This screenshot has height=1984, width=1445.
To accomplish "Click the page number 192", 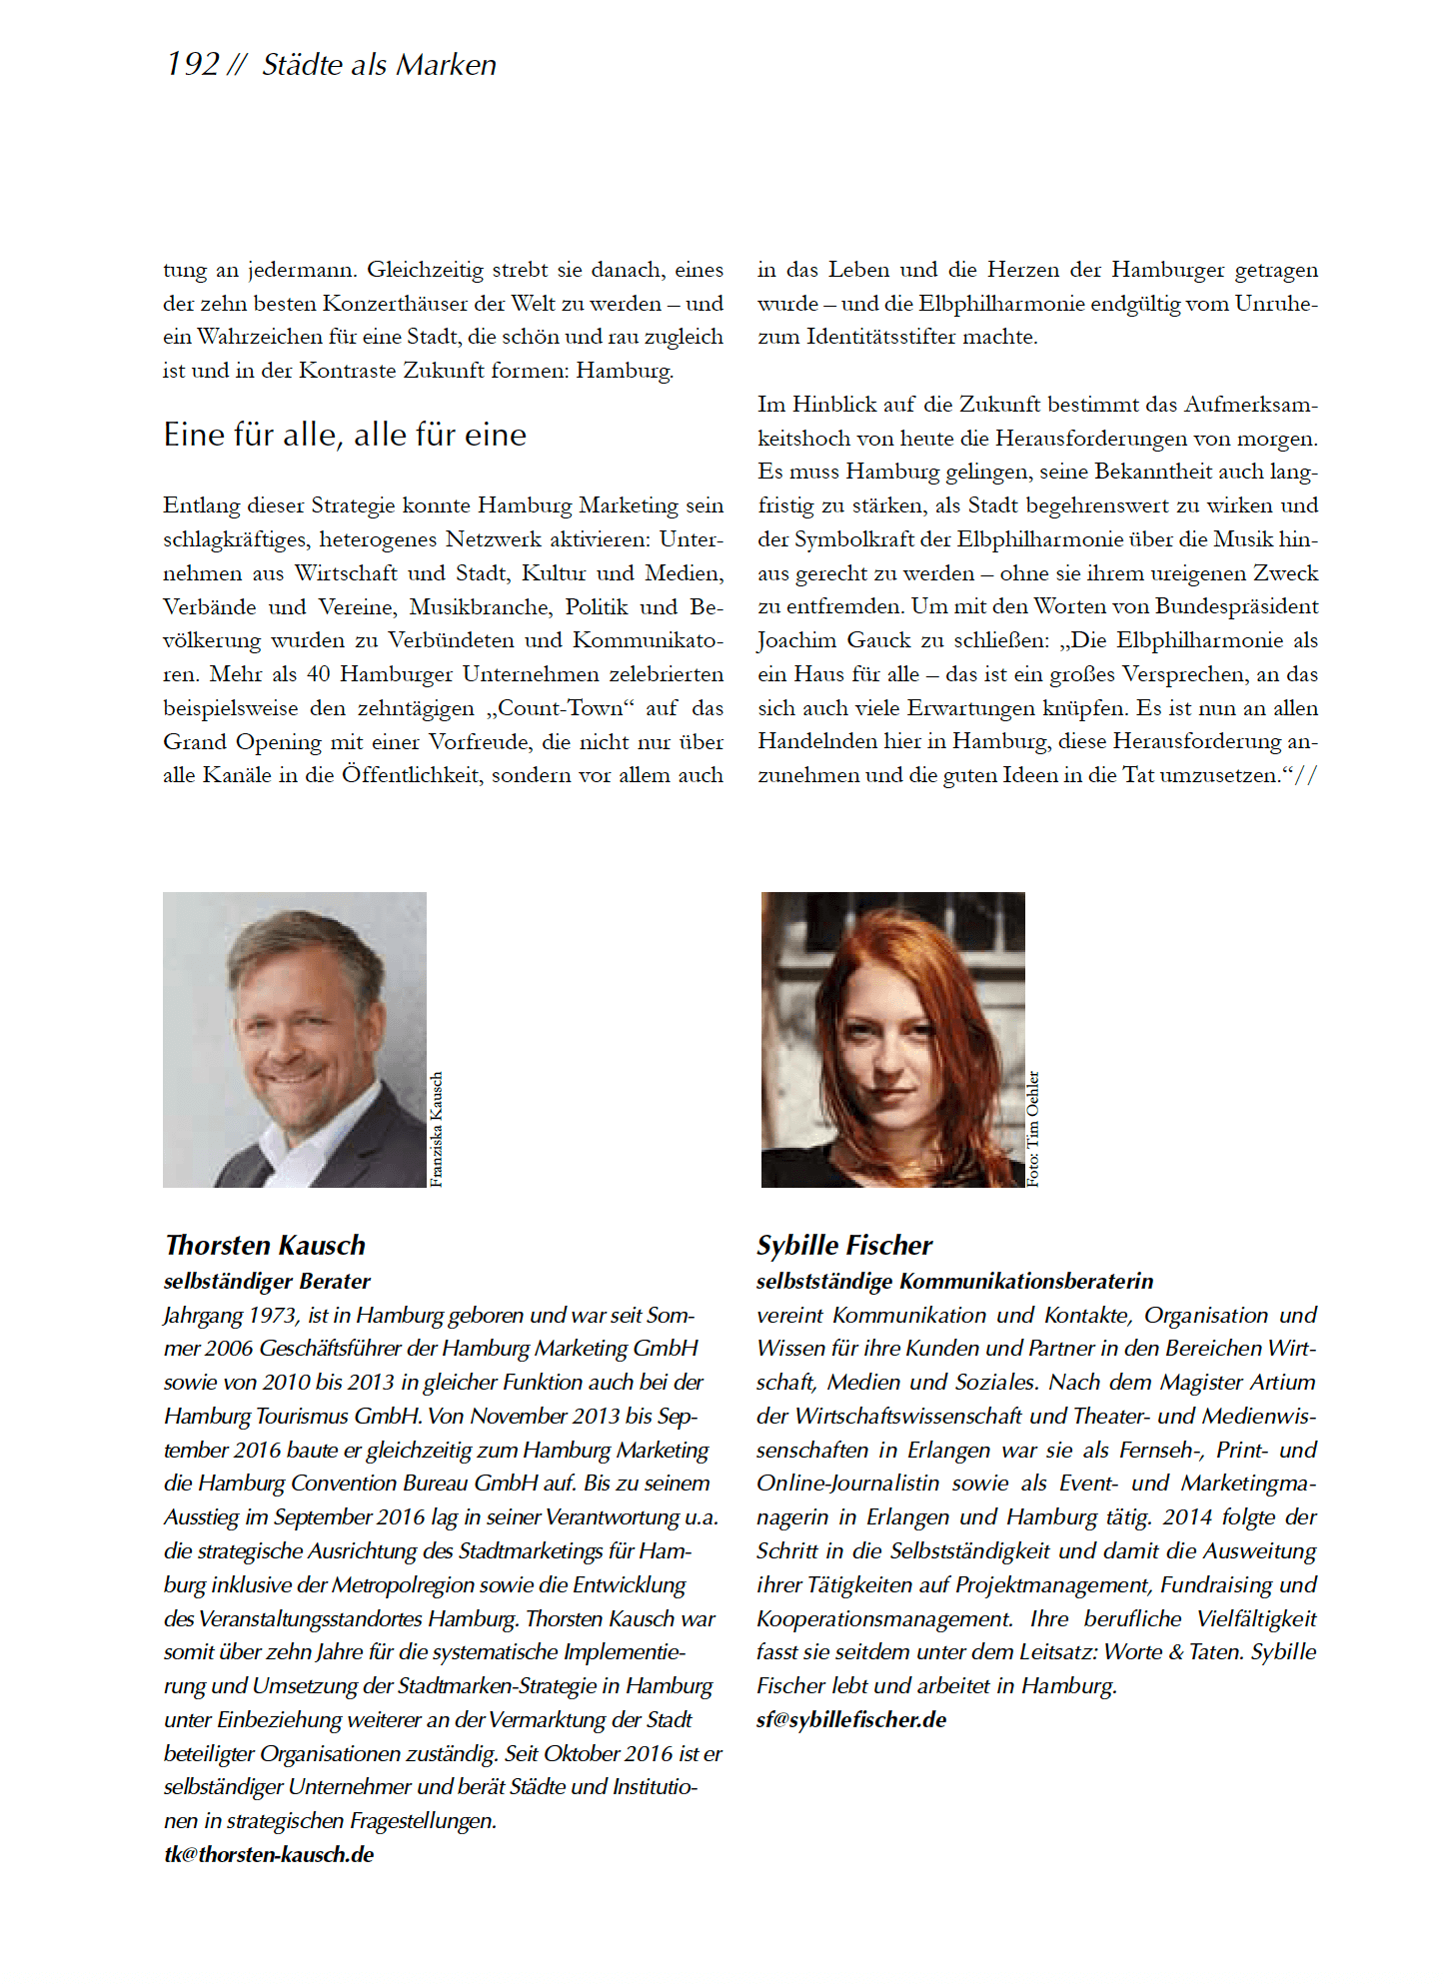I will [x=193, y=65].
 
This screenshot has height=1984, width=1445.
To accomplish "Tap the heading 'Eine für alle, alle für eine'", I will [x=345, y=435].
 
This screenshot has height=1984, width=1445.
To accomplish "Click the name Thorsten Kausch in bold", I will [x=265, y=1245].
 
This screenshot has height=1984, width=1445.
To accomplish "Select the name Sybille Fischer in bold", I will [x=844, y=1245].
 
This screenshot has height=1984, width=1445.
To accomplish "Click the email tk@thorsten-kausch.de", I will [x=269, y=1854].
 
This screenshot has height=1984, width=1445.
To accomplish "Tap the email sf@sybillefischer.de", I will [x=851, y=1719].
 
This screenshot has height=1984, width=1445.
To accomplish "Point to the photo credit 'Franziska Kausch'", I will [x=436, y=1129].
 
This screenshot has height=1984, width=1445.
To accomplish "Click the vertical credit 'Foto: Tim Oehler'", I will [x=1033, y=1128].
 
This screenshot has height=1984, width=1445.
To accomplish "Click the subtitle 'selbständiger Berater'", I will [x=267, y=1281].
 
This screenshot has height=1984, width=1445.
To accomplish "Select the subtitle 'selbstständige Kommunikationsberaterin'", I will [x=954, y=1281].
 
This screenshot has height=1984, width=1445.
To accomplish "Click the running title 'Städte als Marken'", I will [x=379, y=65].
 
